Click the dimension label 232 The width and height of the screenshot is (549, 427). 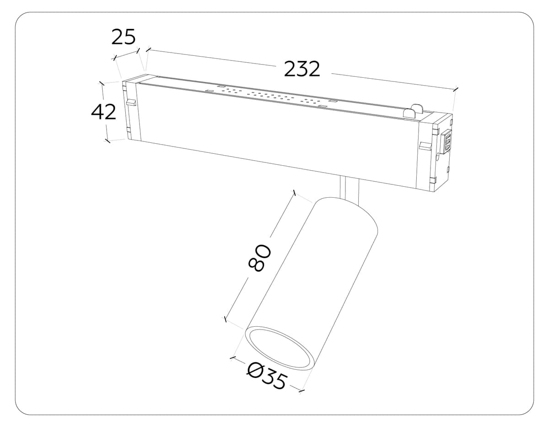(x=302, y=69)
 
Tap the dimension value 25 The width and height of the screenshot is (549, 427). (x=124, y=37)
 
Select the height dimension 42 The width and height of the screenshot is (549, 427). (x=104, y=112)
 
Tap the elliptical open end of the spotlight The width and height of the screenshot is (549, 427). (x=280, y=348)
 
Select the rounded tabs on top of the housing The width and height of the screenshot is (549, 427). (x=414, y=111)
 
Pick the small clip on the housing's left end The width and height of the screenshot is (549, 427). (x=131, y=102)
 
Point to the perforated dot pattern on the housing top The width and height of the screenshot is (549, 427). (x=270, y=97)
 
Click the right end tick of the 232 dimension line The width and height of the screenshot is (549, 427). (x=456, y=89)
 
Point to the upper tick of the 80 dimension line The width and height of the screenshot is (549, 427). (x=295, y=193)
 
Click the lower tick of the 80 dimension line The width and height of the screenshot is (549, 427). (x=225, y=319)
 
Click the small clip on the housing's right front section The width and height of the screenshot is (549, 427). (x=425, y=146)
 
